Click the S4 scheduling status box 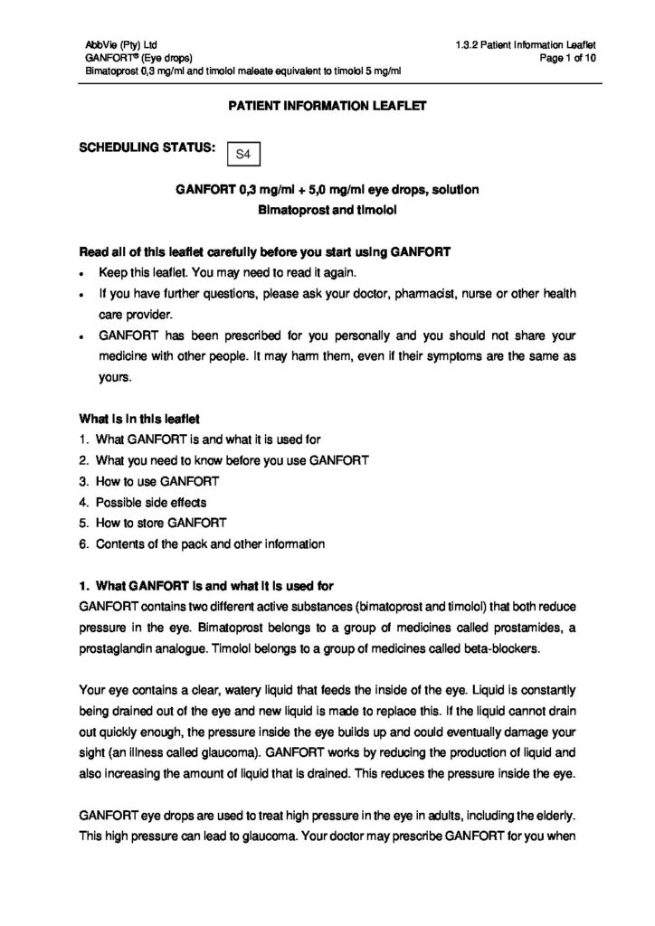pos(242,155)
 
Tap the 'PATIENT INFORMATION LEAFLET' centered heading pos(327,106)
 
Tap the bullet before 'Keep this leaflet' pos(82,274)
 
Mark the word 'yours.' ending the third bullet pos(114,377)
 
